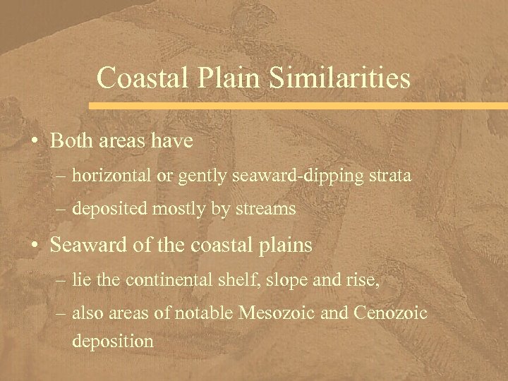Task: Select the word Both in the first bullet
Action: point(74,140)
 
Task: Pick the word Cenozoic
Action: point(397,313)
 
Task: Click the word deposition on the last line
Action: point(112,341)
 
